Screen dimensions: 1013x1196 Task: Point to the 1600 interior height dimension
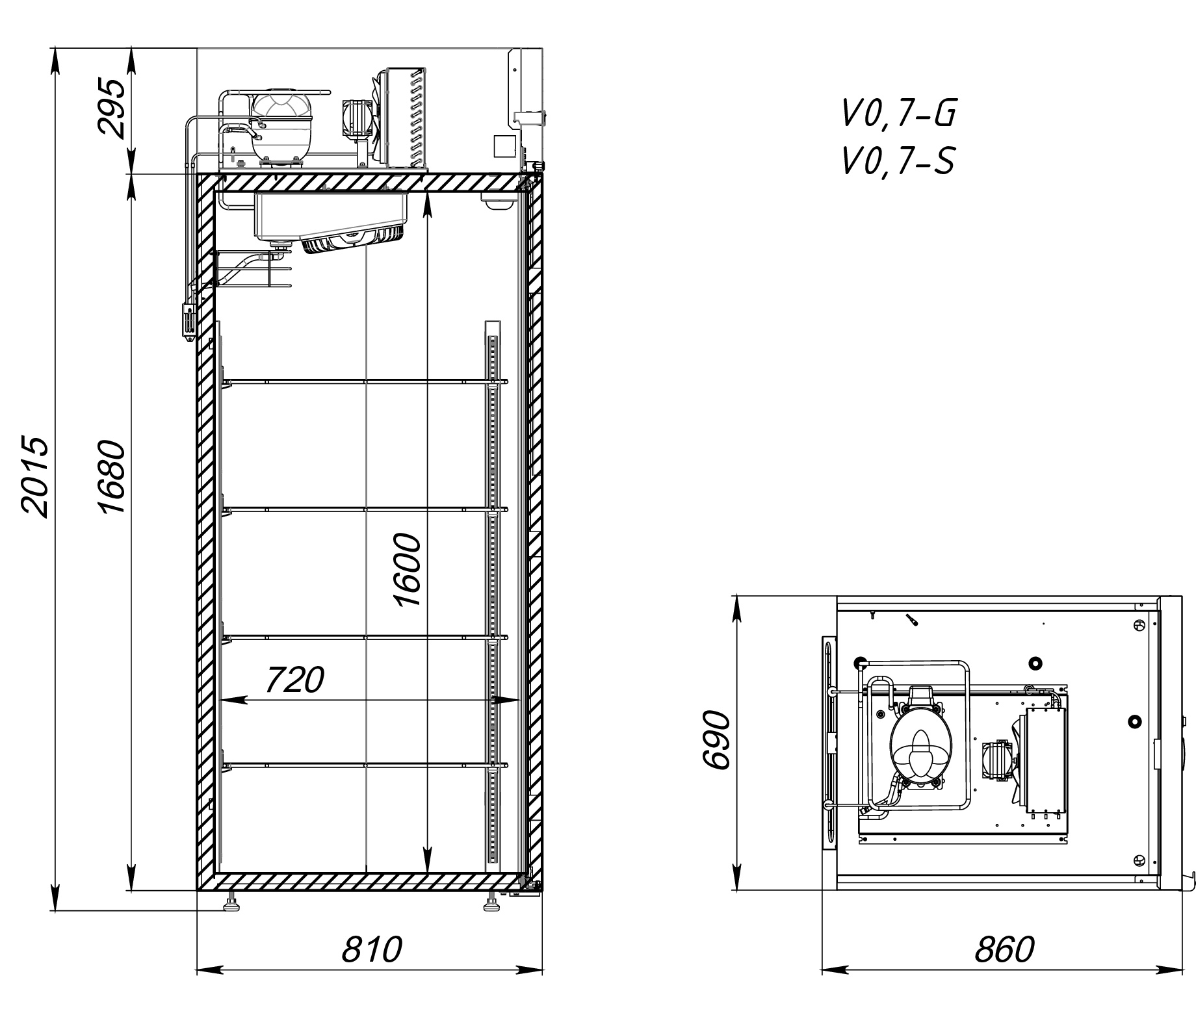(x=408, y=570)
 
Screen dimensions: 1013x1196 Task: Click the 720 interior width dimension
(x=294, y=680)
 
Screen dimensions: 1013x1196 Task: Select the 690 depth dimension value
(x=718, y=740)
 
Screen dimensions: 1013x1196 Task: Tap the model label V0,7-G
(x=899, y=114)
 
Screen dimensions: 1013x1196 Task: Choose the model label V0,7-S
(x=898, y=161)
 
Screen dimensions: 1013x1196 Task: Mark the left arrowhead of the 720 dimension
(x=227, y=700)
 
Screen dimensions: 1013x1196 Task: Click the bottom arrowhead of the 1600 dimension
(x=427, y=864)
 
